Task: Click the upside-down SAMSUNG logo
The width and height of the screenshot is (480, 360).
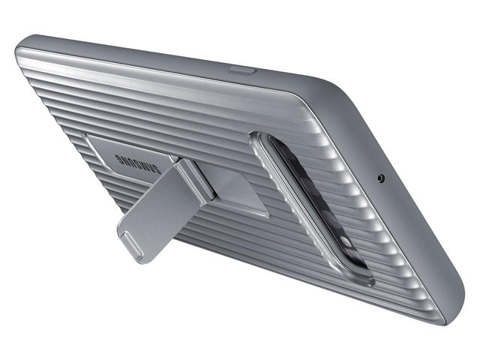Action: point(138,163)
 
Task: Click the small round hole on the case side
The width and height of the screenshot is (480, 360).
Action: point(381,178)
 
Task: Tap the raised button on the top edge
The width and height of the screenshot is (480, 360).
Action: point(241,70)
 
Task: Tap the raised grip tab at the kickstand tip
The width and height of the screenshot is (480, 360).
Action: point(133,244)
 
